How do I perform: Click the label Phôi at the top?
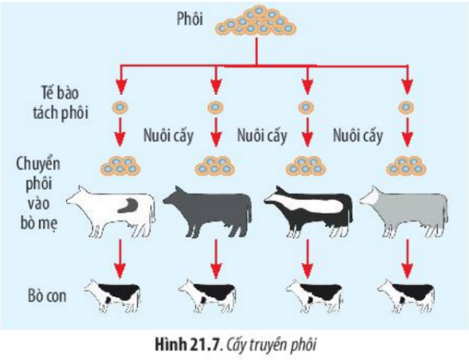(x=190, y=19)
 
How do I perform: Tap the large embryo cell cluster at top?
(x=256, y=22)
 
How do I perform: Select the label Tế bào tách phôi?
(x=61, y=103)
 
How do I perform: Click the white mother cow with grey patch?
(x=111, y=212)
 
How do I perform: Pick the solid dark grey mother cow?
(x=208, y=212)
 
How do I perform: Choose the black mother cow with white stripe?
(x=308, y=212)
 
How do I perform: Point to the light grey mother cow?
(x=405, y=212)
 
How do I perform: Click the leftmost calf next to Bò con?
(x=113, y=296)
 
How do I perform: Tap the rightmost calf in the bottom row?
(x=406, y=296)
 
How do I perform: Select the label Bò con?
(x=47, y=295)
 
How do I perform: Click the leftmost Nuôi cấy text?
(x=168, y=135)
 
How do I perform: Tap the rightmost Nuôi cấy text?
(x=358, y=135)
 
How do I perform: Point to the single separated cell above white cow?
(x=120, y=108)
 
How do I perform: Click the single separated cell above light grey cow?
(x=406, y=108)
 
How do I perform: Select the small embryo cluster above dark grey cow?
(x=215, y=166)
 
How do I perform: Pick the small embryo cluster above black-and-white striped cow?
(x=306, y=166)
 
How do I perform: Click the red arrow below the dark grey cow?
(x=216, y=260)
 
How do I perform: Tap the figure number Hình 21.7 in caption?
(x=187, y=345)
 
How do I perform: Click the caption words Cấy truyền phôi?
(x=271, y=346)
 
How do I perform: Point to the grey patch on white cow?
(x=128, y=205)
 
